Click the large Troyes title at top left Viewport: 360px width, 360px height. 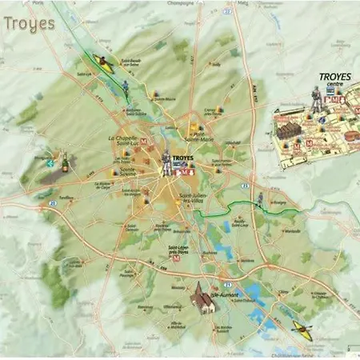point(30,22)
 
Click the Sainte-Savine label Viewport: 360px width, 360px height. point(126,171)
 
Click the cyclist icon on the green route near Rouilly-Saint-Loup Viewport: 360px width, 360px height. point(260,200)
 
